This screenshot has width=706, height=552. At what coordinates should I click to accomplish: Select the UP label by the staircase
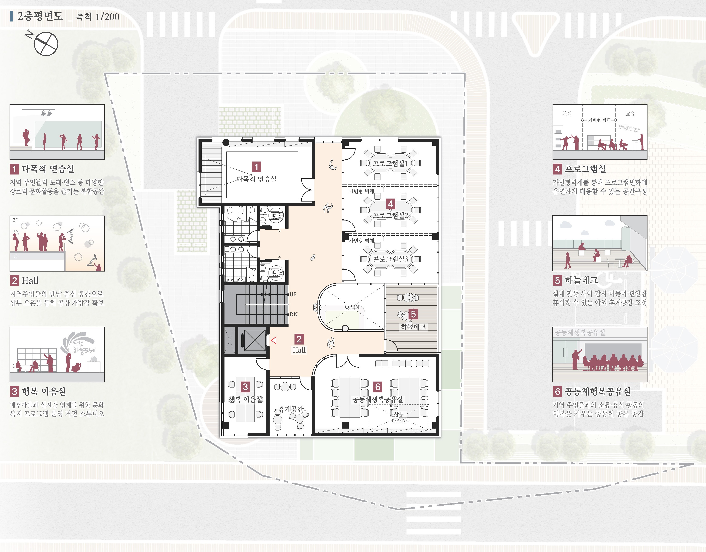coord(293,294)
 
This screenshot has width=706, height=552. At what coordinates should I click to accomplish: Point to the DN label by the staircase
coord(293,314)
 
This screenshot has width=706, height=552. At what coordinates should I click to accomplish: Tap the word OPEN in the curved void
coord(352,307)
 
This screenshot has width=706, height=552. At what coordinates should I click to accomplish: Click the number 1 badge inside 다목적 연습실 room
coord(256,167)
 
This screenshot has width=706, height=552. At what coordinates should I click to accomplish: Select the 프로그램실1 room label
coord(390,163)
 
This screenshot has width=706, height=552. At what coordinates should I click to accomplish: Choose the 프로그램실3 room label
coord(390,259)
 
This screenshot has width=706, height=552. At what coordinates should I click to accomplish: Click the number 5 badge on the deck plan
coord(413,314)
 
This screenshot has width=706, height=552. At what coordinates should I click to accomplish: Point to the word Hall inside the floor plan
coord(299,350)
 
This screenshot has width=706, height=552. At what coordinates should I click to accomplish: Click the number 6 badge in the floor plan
coord(377,387)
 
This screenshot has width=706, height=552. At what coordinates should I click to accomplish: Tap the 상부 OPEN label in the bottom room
coord(399,417)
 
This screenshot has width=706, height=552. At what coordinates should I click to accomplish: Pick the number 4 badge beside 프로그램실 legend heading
coord(557,169)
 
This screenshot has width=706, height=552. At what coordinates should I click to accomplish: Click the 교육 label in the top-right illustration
coord(630,114)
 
